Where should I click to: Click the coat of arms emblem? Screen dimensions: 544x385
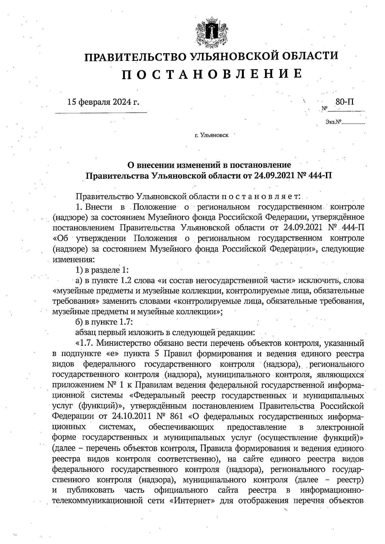pos(211,33)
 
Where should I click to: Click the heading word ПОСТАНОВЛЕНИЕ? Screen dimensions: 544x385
pos(212,74)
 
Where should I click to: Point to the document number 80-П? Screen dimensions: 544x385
pos(345,102)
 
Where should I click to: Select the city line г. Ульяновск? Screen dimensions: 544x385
pos(211,136)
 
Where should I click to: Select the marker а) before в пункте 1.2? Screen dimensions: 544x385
pos(79,281)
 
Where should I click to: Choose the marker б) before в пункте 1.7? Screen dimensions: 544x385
pos(79,322)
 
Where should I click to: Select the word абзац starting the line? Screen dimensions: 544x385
pos(86,332)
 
